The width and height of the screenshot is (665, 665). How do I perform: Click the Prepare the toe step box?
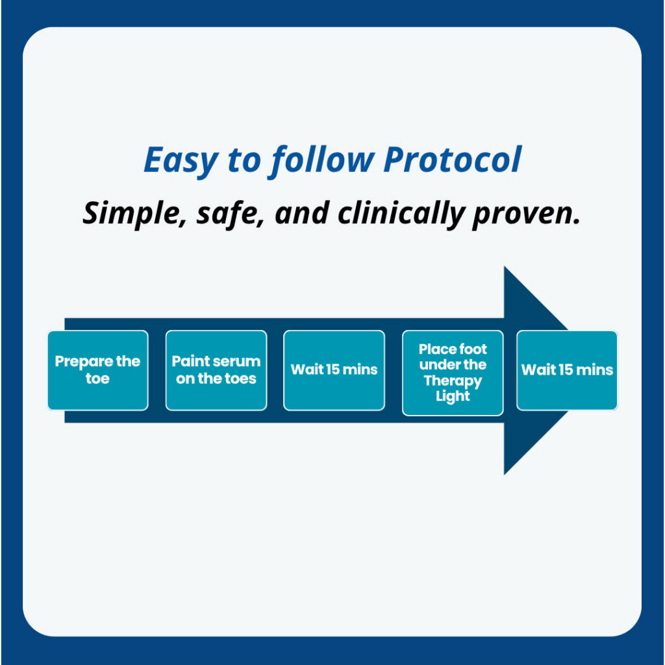click(x=97, y=370)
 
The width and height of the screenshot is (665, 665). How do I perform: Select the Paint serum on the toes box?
click(x=216, y=370)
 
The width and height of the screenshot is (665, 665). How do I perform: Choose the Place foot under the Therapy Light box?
click(x=453, y=373)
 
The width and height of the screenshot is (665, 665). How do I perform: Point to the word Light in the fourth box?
click(x=453, y=396)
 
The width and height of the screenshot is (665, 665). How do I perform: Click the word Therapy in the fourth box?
click(x=453, y=381)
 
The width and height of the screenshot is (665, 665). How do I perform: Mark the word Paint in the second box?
click(x=188, y=362)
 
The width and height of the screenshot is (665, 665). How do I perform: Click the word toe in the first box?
click(x=97, y=378)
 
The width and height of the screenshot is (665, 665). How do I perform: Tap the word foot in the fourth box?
click(x=471, y=349)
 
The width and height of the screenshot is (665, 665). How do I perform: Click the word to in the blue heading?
click(x=247, y=160)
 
